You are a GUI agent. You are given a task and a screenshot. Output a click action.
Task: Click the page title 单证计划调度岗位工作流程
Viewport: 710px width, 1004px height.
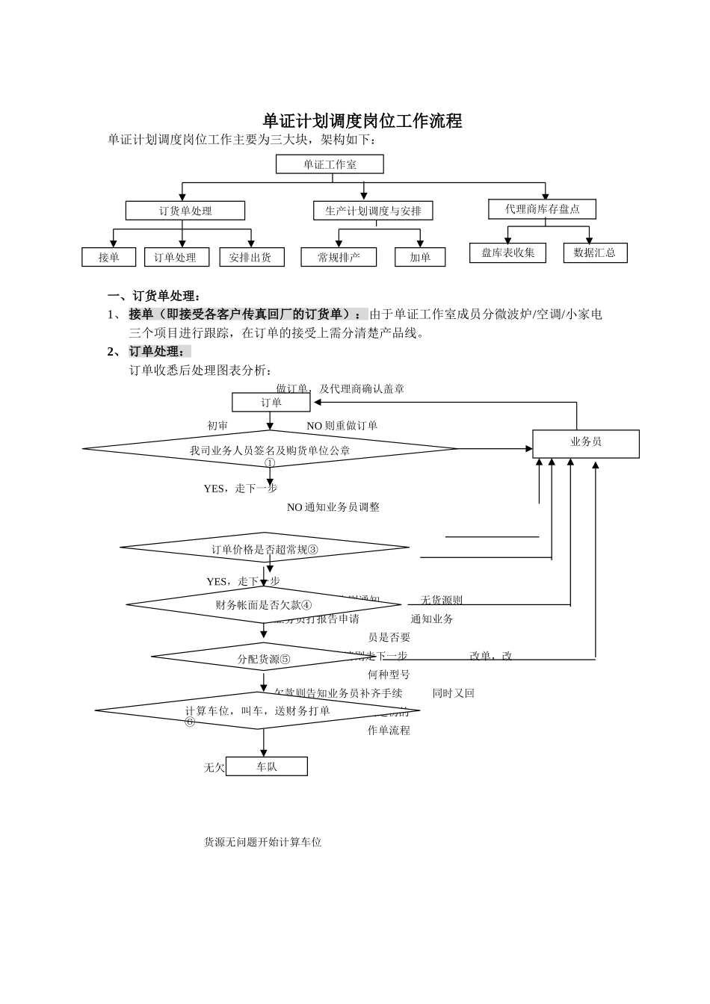click(362, 120)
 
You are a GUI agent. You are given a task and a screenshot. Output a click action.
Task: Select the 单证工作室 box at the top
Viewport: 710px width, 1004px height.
click(330, 164)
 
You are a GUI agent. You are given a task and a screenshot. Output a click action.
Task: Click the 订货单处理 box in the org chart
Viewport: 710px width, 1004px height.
click(185, 211)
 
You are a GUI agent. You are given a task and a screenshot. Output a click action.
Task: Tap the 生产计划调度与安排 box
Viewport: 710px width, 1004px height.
click(373, 211)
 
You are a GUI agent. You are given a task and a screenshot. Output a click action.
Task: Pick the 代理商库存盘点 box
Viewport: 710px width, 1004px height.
click(542, 208)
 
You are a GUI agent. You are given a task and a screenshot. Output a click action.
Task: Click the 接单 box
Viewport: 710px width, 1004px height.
click(108, 257)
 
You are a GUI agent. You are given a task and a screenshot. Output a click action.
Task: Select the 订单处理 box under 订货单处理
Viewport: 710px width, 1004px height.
click(175, 257)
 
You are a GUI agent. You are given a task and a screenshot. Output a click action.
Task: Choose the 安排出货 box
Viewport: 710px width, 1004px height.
click(250, 257)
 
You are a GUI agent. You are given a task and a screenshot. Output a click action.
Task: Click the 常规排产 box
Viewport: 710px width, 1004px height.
click(339, 257)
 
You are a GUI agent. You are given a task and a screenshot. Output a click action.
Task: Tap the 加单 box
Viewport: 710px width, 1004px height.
click(420, 257)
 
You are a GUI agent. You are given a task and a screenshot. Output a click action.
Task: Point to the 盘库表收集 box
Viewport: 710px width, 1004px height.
click(507, 252)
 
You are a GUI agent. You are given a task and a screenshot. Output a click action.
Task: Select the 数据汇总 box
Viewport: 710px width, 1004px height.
click(595, 252)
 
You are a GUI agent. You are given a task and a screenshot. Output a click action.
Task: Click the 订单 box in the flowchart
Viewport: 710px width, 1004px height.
click(271, 403)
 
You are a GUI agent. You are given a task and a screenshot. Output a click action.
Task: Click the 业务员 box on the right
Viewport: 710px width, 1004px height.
click(585, 442)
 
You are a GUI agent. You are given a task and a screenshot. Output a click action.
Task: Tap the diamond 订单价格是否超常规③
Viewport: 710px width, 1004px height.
click(265, 549)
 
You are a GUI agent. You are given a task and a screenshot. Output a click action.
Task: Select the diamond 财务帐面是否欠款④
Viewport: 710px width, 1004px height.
click(264, 604)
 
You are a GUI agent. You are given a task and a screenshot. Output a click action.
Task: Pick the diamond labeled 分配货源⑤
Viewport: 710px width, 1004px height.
click(263, 658)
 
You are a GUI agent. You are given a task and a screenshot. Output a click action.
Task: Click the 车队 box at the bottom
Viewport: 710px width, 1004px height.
click(266, 766)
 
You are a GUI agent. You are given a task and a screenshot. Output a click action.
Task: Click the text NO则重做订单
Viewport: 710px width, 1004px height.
click(342, 425)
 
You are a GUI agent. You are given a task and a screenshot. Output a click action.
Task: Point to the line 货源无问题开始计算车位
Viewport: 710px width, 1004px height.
click(262, 842)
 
